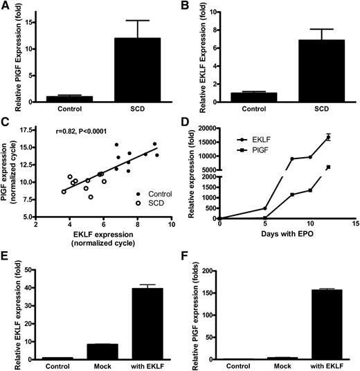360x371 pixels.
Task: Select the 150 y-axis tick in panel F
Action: coord(216,292)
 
